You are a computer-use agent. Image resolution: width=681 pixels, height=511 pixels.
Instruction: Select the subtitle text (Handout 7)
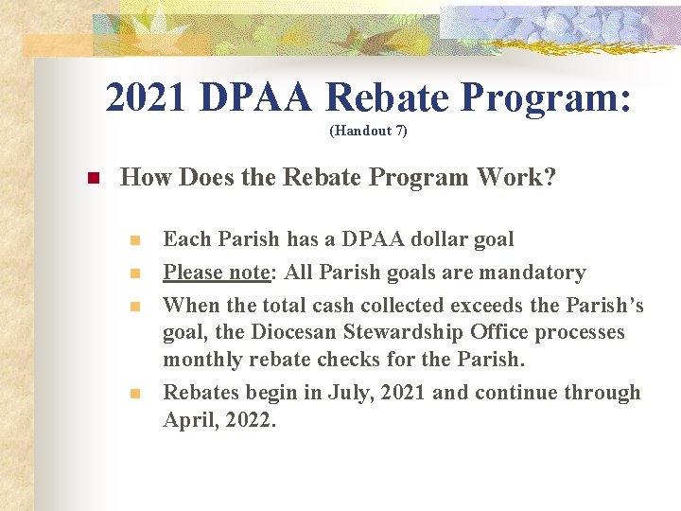[x=368, y=131]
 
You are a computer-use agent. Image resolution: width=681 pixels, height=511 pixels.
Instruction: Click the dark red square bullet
[x=93, y=178]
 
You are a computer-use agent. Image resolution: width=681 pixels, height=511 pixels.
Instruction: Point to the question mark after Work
[x=550, y=177]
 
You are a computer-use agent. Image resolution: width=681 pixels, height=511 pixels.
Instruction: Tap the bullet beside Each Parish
[x=136, y=240]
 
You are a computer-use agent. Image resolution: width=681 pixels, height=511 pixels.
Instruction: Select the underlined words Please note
[x=217, y=273]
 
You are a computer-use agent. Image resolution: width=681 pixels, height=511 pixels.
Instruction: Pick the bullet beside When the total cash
[x=136, y=307]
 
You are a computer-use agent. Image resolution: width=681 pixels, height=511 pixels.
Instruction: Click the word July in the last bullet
[x=355, y=393]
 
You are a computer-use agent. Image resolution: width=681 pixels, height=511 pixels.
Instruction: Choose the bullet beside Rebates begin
[x=136, y=394]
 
